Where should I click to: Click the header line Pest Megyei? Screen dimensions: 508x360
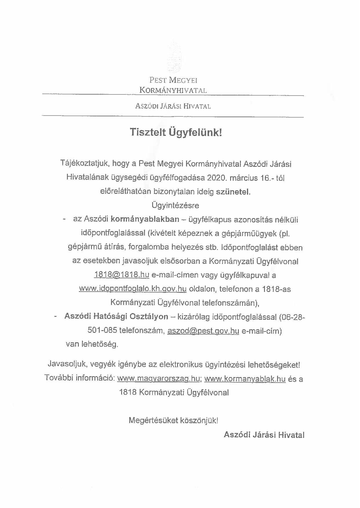tap(173, 80)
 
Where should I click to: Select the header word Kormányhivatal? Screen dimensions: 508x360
tap(173, 90)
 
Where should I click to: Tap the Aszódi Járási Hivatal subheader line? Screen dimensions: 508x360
tap(173, 106)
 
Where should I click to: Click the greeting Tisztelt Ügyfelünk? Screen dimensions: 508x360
tap(175, 132)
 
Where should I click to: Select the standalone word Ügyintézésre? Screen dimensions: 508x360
tap(175, 206)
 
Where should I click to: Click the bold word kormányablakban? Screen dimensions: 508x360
tap(145, 219)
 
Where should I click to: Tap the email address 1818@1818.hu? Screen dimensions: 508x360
tap(121, 275)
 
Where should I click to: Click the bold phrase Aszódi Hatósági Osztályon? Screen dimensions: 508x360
tap(116, 317)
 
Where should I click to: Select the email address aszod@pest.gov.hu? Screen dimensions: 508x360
tap(203, 331)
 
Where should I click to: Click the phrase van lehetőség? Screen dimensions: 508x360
tap(92, 344)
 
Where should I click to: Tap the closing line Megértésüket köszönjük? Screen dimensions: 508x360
tap(173, 420)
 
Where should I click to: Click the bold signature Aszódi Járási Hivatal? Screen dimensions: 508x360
tap(264, 435)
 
